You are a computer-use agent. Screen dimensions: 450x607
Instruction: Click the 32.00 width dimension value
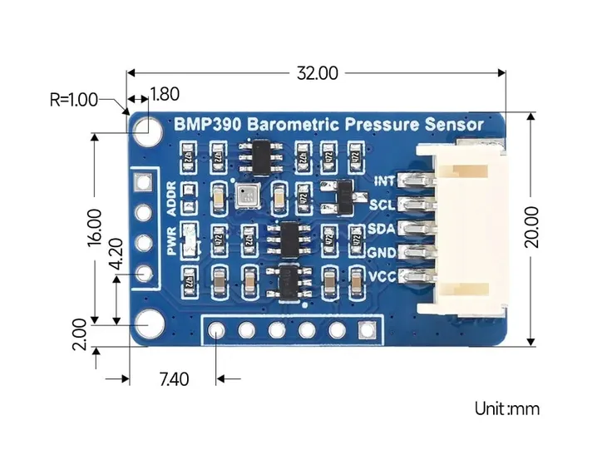[318, 73]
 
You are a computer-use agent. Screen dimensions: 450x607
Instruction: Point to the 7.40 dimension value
[173, 380]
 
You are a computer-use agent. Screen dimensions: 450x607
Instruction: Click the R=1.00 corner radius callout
[73, 100]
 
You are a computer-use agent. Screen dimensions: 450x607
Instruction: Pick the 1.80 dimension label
[164, 95]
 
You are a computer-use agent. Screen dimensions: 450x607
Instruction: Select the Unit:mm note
[507, 408]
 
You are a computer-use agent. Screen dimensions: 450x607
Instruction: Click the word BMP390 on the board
[205, 125]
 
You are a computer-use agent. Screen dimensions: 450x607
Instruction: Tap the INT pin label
[384, 180]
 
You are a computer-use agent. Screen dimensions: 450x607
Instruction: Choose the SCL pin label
[383, 204]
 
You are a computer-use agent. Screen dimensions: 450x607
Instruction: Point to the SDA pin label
[383, 228]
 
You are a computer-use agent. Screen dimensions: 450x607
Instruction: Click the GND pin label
[382, 252]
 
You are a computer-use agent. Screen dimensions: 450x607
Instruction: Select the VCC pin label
[383, 275]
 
